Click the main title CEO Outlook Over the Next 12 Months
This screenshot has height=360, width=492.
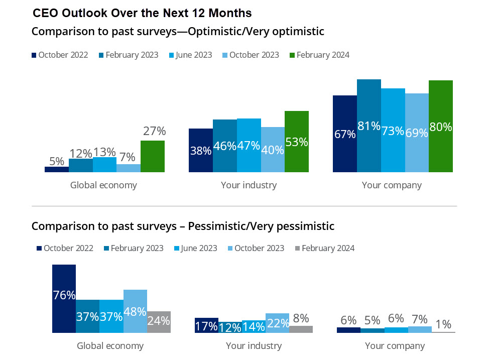click(x=142, y=12)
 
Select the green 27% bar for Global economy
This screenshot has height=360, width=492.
click(x=153, y=156)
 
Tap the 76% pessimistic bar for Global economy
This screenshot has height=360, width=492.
click(x=64, y=298)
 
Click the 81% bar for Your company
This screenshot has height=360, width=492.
click(x=369, y=126)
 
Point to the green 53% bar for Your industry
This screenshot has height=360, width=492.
click(x=297, y=142)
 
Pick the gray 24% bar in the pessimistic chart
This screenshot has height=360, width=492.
click(x=159, y=321)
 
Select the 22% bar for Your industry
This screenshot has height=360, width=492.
click(x=277, y=323)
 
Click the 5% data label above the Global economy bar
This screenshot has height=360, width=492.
click(x=57, y=161)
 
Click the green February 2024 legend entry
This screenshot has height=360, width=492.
click(x=319, y=55)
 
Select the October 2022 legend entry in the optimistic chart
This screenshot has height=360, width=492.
click(x=60, y=55)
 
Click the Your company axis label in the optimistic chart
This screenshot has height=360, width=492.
click(x=392, y=185)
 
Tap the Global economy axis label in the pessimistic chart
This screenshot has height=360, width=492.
click(x=110, y=345)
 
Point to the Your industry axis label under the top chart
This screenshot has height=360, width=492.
click(x=249, y=185)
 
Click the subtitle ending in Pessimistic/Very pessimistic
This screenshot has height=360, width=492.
click(x=183, y=226)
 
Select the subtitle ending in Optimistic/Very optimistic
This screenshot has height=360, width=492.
click(x=178, y=32)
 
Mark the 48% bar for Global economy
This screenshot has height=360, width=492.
click(x=135, y=311)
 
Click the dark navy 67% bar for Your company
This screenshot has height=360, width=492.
click(x=345, y=134)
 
